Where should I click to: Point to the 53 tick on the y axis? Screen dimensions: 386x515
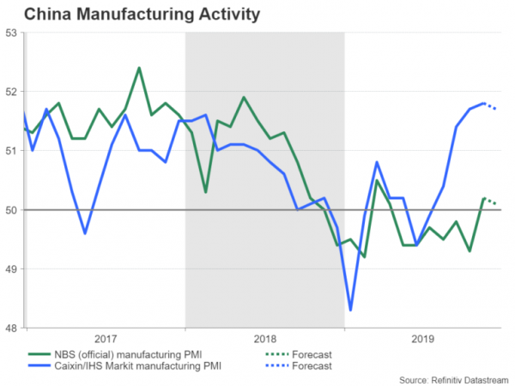(x=11, y=33)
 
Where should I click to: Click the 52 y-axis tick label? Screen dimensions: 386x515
(x=11, y=92)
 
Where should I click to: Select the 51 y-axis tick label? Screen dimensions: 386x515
(x=11, y=151)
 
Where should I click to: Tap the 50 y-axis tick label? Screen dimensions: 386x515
(x=11, y=209)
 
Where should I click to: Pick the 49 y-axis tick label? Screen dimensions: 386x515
(x=11, y=268)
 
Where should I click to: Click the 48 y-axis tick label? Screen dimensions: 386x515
(x=11, y=327)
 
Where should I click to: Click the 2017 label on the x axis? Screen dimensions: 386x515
(x=106, y=339)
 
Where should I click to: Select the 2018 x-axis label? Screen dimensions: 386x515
(x=265, y=339)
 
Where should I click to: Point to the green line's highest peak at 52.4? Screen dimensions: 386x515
(x=139, y=68)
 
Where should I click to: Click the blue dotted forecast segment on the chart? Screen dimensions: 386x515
(x=492, y=106)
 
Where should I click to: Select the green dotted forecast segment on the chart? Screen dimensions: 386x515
(x=492, y=201)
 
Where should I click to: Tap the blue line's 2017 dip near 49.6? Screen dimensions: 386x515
(x=85, y=232)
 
